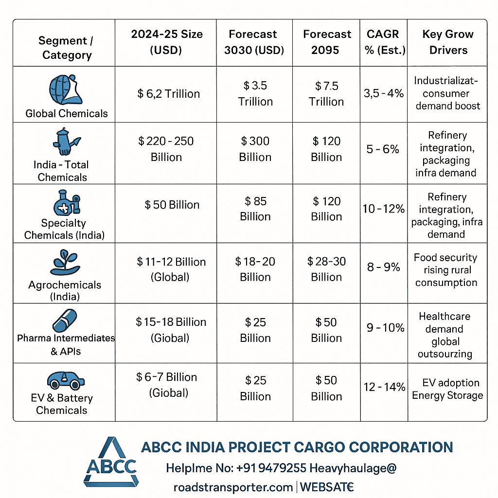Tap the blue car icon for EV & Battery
[66, 380]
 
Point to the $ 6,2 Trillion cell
[168, 94]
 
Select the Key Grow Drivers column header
[448, 42]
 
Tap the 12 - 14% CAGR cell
[384, 387]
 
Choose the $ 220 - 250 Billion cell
[166, 149]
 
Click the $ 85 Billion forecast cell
[255, 209]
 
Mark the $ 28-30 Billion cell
[326, 269]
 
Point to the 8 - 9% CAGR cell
[384, 267]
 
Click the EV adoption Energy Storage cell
[447, 389]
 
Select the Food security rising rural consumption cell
[446, 270]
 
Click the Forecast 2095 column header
[326, 42]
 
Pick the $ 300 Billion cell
[255, 149]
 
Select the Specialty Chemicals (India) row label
[64, 229]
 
